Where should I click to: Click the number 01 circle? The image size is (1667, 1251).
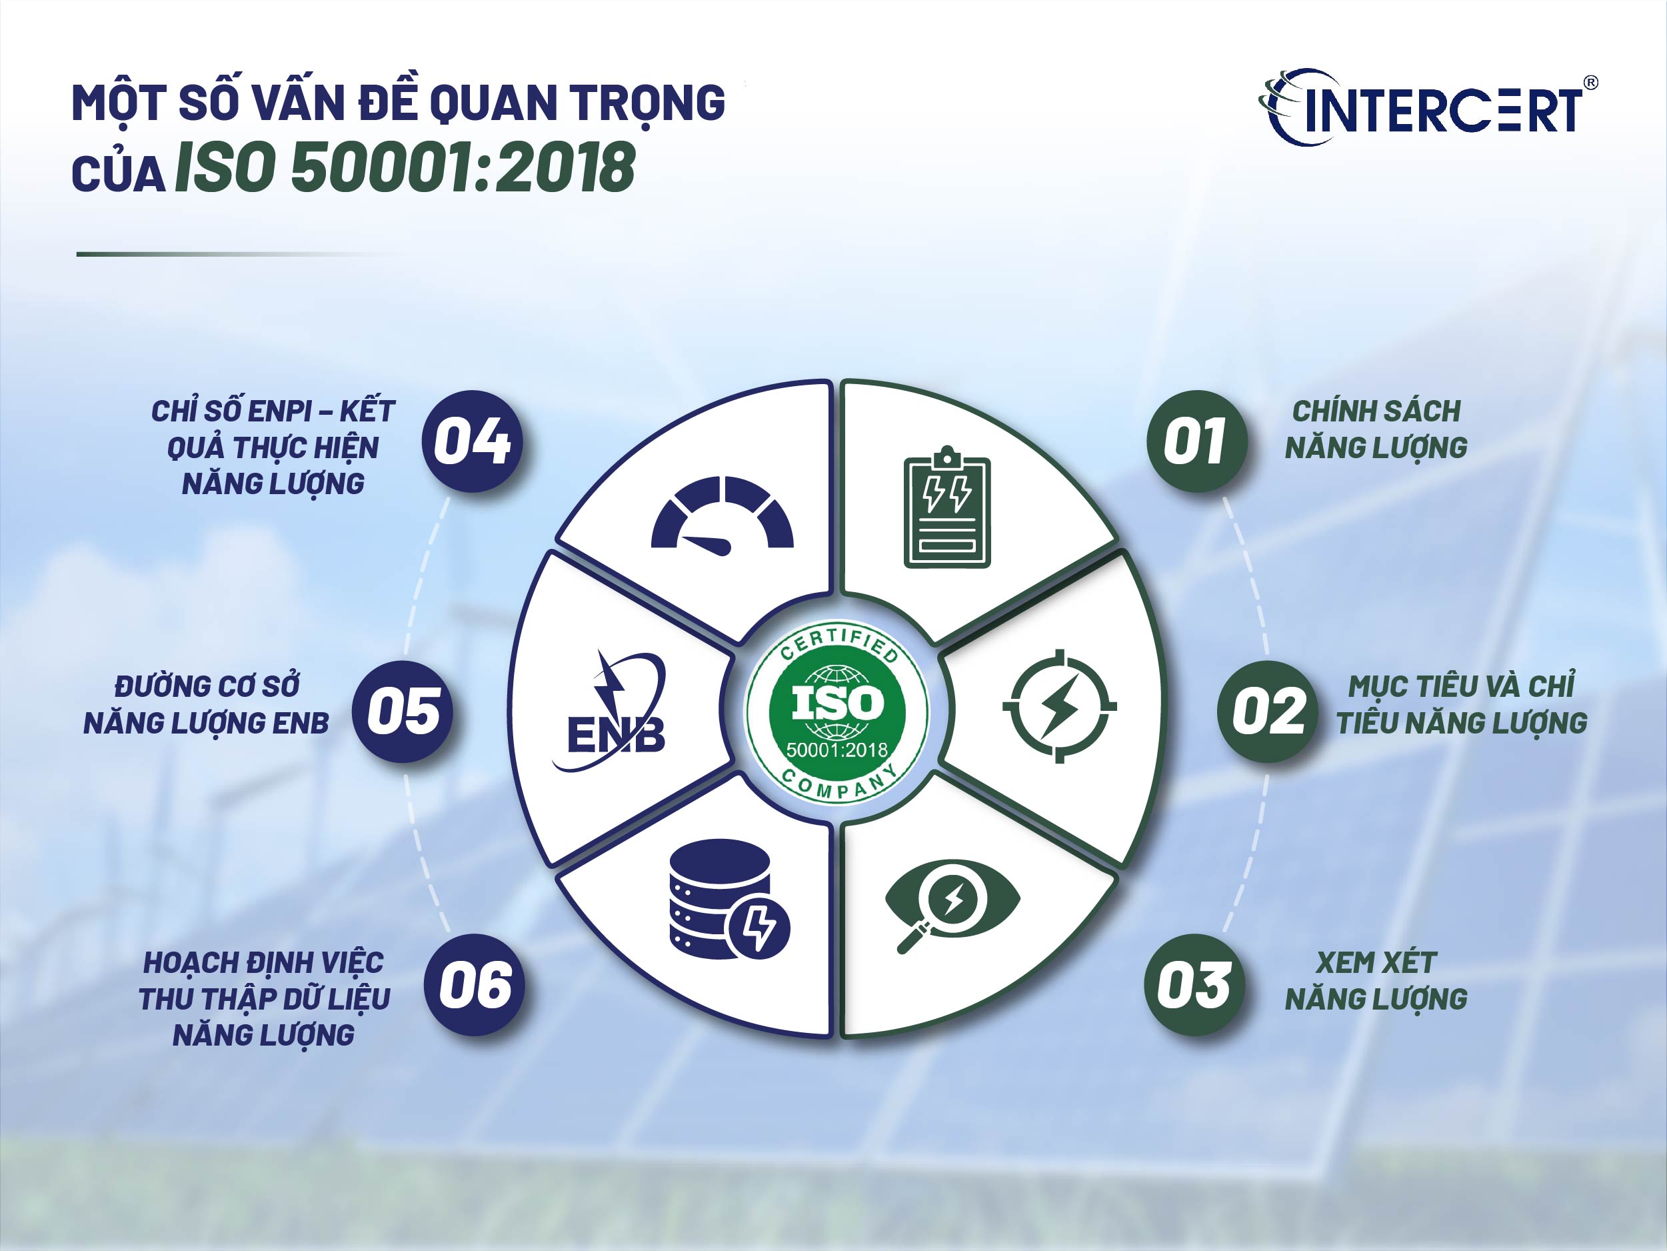[1196, 441]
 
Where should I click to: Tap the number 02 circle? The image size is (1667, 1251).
[1268, 711]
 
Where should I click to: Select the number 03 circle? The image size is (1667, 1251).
[1195, 985]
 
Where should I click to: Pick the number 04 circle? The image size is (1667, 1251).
[472, 441]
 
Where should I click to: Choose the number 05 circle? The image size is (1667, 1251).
[403, 711]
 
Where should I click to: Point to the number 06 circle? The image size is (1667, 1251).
[475, 985]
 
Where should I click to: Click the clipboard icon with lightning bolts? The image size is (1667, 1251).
[946, 507]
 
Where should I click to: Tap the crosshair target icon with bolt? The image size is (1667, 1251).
[1059, 706]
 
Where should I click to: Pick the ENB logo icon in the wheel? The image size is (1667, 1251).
[612, 711]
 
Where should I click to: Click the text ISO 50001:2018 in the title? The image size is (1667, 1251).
[405, 167]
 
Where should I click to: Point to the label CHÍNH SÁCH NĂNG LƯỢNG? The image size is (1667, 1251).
[1376, 429]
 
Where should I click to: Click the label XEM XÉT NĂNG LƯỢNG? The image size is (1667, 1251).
[1376, 980]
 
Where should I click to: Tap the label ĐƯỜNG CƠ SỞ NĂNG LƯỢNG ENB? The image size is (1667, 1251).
[207, 704]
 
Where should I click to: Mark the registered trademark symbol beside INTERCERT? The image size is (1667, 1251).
[1591, 83]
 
